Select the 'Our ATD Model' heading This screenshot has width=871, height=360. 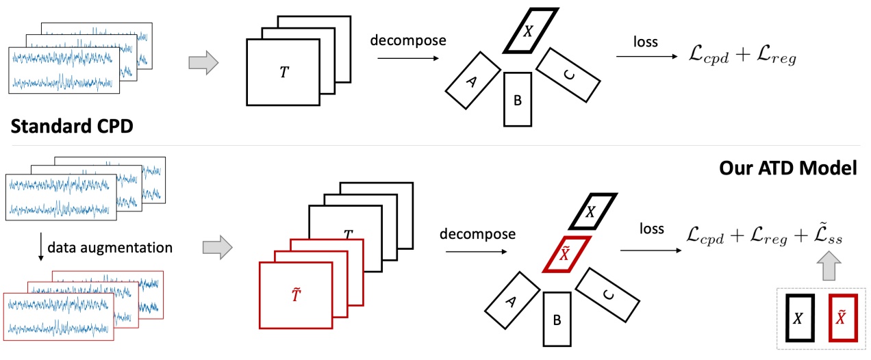point(787,168)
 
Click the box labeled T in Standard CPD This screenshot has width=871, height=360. point(283,72)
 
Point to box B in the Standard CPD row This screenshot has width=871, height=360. point(518,100)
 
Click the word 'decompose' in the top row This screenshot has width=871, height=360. point(407,40)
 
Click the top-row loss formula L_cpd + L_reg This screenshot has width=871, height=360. point(743,58)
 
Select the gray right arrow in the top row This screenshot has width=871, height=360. point(202,65)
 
